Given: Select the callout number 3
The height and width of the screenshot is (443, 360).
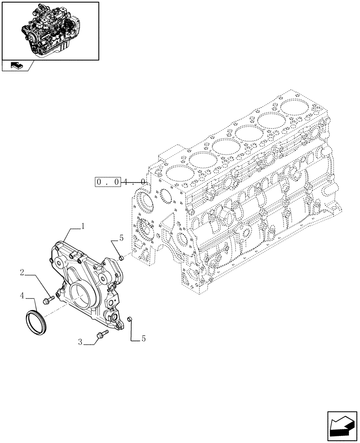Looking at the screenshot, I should point(80,342).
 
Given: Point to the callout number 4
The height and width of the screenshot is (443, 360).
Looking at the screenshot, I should point(22,294).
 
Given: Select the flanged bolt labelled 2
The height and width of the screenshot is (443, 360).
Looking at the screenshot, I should point(47,301).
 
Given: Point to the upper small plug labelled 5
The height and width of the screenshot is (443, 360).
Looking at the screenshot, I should point(120,257).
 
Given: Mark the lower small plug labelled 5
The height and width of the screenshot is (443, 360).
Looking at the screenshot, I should point(130,319).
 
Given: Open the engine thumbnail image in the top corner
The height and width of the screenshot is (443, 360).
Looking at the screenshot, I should point(50,30).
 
